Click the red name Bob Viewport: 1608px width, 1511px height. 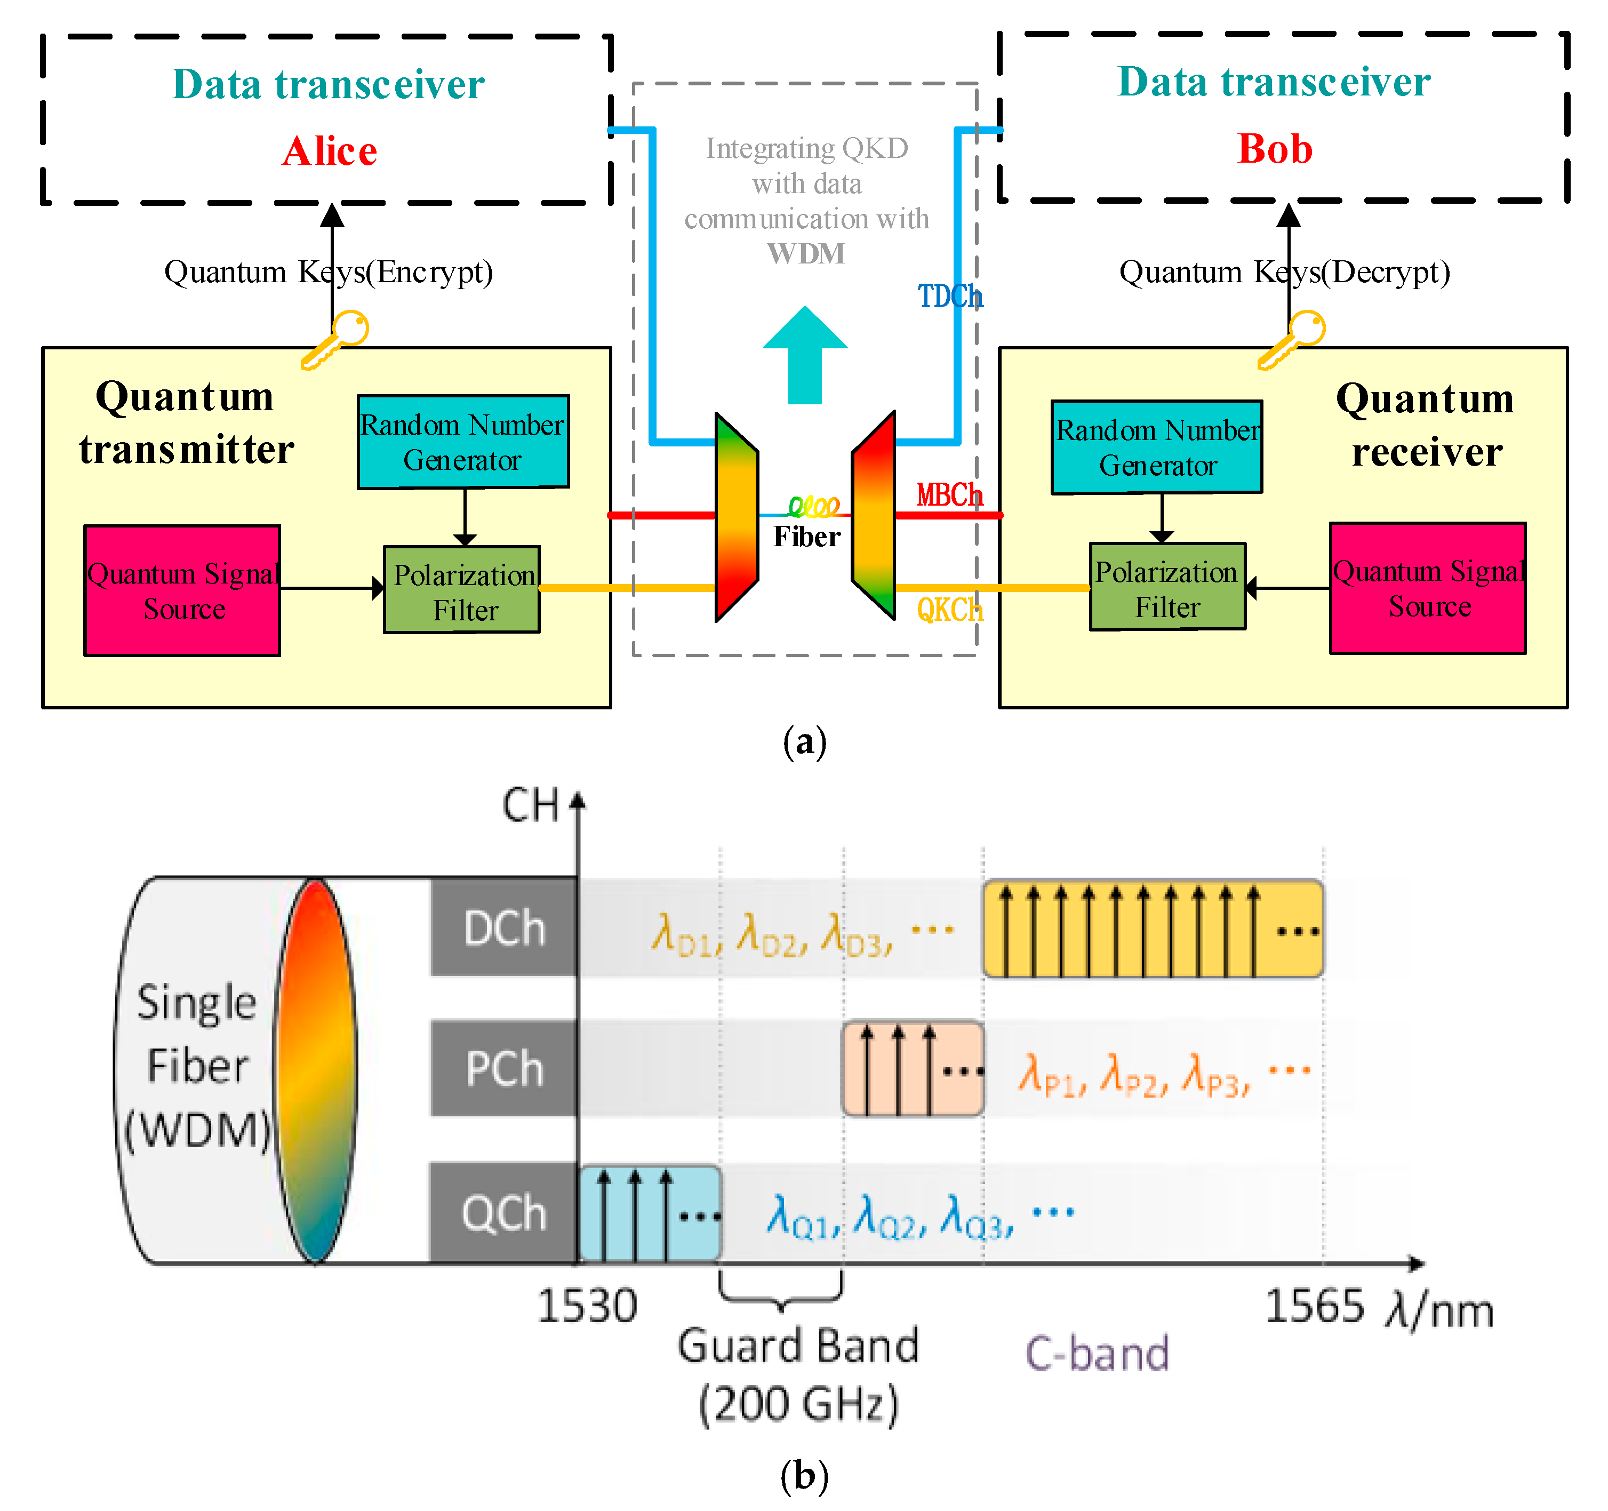(x=1274, y=149)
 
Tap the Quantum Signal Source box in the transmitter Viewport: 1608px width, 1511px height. (x=183, y=590)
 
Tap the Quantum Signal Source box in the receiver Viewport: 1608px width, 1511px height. (x=1428, y=588)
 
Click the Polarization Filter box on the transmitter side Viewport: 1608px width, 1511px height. (x=462, y=590)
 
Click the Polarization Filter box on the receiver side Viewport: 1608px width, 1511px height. (x=1167, y=587)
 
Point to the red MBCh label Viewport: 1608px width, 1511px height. (x=949, y=495)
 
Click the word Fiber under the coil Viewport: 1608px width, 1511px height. (x=806, y=537)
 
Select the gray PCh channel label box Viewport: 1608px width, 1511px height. (x=504, y=1068)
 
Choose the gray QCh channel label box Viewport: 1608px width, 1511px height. (x=504, y=1212)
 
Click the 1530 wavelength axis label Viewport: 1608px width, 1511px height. (x=587, y=1306)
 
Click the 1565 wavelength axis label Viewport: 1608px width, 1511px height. (x=1314, y=1306)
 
